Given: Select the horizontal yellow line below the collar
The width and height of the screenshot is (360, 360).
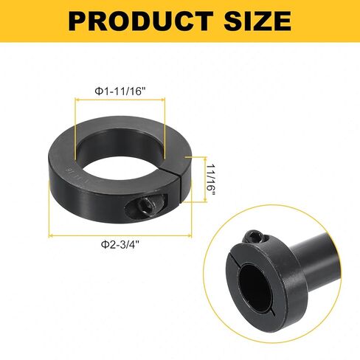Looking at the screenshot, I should click(122, 236).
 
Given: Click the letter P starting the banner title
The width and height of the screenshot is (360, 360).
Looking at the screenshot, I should click(78, 21).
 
